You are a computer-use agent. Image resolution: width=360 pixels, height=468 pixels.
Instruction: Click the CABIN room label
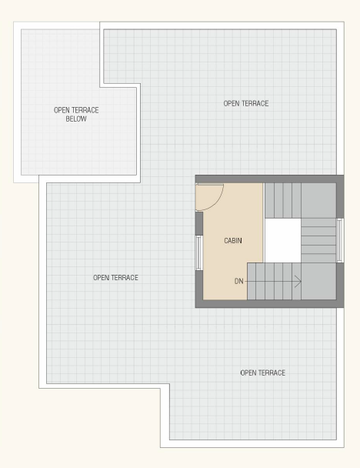pos(233,241)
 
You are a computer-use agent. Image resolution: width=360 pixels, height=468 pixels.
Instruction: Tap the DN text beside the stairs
pos(239,281)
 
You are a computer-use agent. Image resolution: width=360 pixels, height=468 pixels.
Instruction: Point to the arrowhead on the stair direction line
pos(298,281)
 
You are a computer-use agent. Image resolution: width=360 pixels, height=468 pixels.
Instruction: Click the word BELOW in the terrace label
pos(76,119)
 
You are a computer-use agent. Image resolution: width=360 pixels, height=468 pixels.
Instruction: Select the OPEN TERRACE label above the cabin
pos(246,103)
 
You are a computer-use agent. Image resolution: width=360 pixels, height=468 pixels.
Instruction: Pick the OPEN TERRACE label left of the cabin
pos(115,278)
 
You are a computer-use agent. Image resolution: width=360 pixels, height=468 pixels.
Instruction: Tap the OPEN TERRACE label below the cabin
pos(263,373)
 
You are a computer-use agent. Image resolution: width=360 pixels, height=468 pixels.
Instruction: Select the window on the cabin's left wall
pos(199,252)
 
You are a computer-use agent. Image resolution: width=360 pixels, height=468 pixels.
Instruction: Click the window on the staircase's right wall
pos(340,240)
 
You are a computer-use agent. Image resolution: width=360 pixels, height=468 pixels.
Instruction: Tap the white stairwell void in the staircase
pos(283,241)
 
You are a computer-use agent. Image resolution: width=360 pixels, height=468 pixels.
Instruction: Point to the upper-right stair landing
pos(318,201)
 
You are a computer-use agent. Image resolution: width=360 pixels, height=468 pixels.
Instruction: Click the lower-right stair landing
pos(318,281)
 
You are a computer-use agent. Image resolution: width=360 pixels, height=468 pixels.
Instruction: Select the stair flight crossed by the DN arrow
pos(274,281)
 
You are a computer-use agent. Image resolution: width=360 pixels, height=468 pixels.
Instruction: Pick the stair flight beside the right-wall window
pos(318,241)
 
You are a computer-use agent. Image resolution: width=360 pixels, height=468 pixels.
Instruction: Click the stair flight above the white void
pos(283,201)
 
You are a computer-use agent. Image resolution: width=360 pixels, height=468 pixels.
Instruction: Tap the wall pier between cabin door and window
pos(199,223)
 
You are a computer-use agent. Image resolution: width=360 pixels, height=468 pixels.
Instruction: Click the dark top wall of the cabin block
pos(270,179)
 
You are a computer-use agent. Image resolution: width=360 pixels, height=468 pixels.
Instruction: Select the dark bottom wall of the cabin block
pos(270,303)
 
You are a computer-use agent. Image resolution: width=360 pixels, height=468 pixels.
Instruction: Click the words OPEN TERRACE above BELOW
pos(76,110)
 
